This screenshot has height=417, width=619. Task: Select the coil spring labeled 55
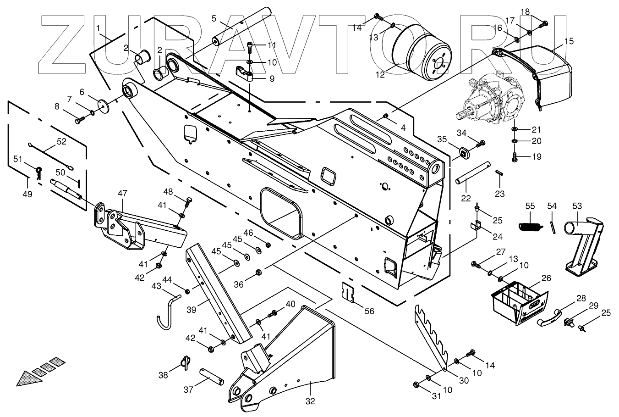530,225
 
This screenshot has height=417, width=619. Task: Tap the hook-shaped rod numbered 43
165,312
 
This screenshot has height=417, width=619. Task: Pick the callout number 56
369,311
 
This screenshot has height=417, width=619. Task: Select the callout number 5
214,18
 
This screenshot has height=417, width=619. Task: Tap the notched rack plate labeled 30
431,335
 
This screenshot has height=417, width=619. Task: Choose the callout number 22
466,197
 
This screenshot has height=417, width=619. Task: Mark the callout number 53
576,206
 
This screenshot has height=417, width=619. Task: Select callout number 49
27,194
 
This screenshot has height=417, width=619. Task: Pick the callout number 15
569,41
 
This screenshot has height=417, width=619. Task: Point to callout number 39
192,310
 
